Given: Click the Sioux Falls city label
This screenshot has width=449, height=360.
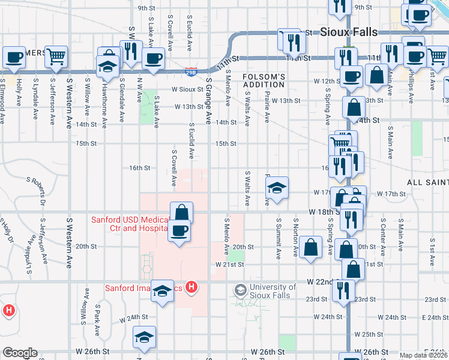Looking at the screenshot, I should pos(349,32).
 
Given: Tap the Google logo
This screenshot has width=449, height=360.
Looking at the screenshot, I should pos(20,353).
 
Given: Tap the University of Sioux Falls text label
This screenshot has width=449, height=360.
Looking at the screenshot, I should pos(273,291).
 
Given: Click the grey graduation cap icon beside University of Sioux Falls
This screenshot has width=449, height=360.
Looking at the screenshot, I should pos(241,290).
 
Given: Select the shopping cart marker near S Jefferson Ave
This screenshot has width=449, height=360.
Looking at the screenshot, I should pos(56,58).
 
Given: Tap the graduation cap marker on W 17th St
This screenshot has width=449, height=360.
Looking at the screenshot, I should pos(277,188).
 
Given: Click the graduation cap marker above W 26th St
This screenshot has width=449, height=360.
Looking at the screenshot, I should pos(144,338).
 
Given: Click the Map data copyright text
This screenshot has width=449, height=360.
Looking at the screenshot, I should pos(423,355).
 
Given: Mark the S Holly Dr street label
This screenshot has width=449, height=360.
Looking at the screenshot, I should pos(6,229).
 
